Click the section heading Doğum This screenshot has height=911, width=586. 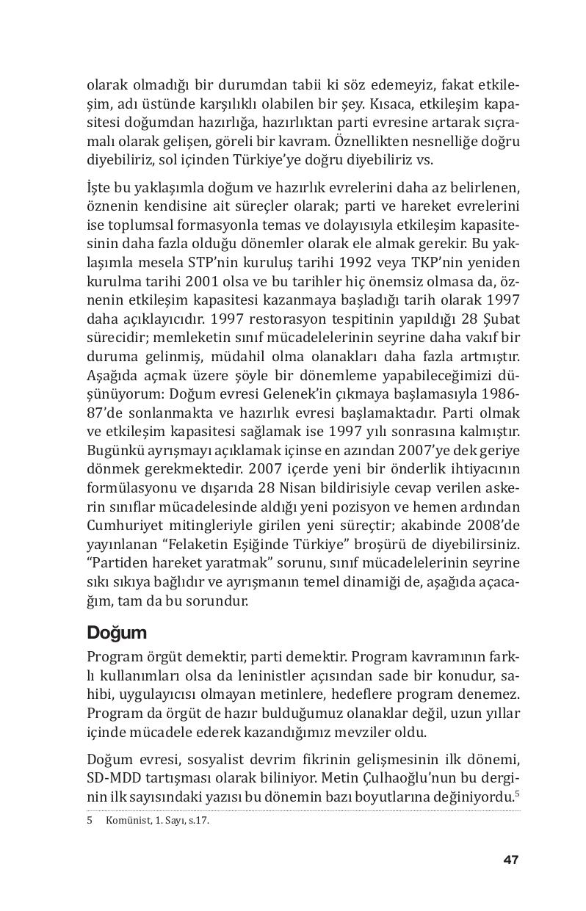click(117, 632)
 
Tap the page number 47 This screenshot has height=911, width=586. click(511, 860)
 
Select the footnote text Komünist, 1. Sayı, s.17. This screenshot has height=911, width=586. click(157, 821)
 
